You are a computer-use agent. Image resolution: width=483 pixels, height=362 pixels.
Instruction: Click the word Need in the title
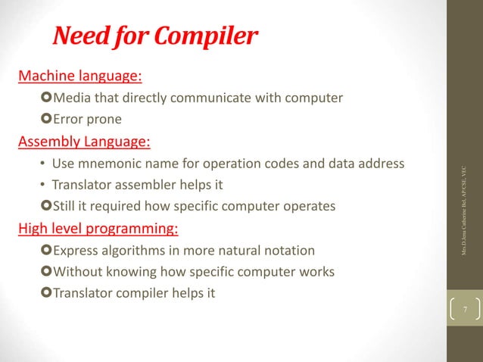pos(79,36)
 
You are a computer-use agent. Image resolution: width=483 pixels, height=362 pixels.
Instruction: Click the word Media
pos(70,98)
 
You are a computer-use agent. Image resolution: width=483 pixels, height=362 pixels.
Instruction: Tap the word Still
pos(66,207)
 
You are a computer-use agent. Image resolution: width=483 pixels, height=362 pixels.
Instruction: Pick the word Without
pos(78,272)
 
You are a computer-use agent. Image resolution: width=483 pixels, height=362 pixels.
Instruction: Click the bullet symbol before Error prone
pos(48,120)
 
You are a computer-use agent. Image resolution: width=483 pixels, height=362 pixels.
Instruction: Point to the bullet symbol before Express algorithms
pos(48,251)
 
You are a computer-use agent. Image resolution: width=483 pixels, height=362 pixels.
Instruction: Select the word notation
pos(286,251)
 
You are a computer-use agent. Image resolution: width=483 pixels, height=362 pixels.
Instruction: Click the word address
pos(379,164)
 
